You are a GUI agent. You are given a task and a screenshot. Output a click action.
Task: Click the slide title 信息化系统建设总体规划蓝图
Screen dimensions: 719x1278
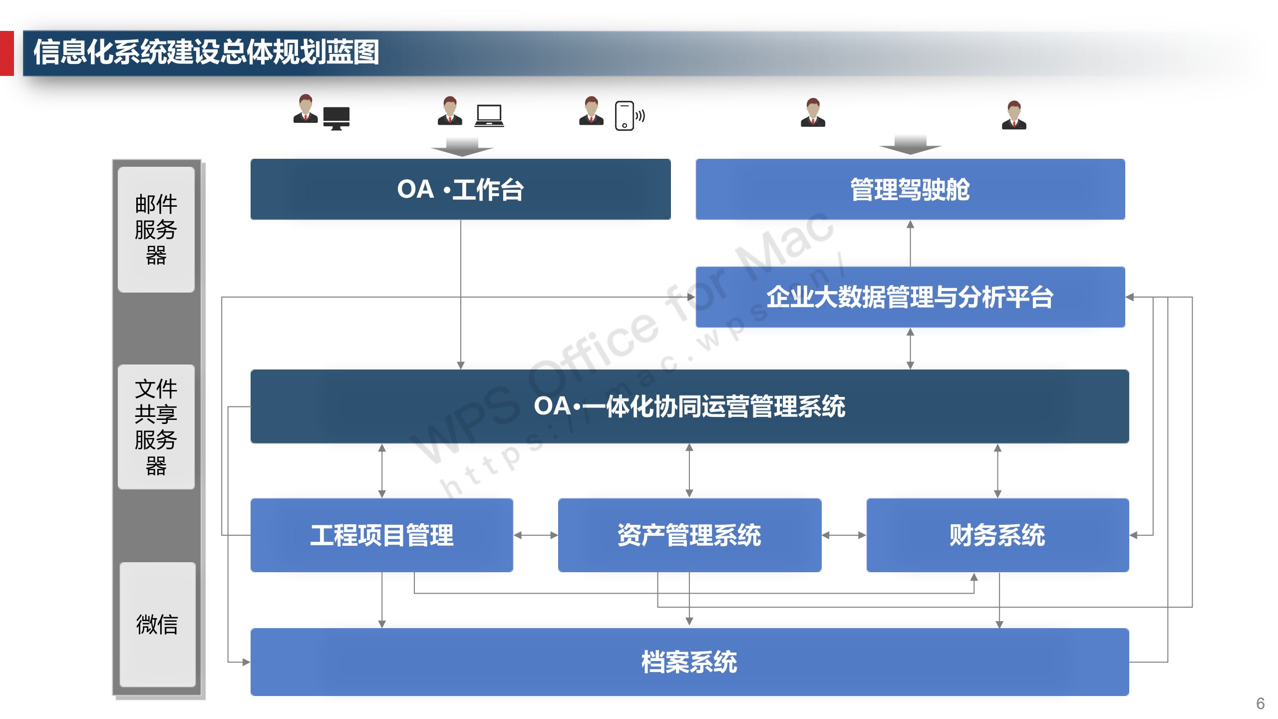tap(206, 52)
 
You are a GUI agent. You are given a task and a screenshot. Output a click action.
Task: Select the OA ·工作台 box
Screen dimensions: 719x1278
tap(460, 189)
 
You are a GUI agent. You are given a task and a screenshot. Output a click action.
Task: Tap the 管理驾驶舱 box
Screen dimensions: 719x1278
tap(910, 189)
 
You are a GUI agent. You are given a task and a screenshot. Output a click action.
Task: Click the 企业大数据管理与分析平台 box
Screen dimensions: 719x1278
tap(910, 297)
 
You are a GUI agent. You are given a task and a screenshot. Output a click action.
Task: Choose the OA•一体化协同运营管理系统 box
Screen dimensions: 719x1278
tap(689, 406)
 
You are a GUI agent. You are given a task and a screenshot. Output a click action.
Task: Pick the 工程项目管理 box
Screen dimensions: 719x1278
tap(381, 535)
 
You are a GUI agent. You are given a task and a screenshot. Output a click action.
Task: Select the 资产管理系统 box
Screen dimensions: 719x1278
tap(689, 535)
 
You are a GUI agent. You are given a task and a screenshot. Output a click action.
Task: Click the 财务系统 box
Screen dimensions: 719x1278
tap(997, 535)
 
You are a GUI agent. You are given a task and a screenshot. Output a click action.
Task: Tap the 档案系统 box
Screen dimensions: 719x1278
tap(689, 662)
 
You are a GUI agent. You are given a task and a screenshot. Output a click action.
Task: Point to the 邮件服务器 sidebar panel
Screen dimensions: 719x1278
tap(156, 229)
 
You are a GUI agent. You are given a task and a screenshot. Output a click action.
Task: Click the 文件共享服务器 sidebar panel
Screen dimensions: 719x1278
tap(156, 426)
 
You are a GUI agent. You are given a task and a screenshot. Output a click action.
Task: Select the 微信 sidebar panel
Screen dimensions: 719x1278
tap(157, 624)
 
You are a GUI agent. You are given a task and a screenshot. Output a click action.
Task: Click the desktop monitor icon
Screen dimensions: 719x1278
tap(336, 118)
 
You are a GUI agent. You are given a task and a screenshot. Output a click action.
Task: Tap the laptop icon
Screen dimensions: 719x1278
tap(489, 115)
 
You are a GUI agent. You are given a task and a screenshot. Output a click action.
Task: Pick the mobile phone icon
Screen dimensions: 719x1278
tap(625, 116)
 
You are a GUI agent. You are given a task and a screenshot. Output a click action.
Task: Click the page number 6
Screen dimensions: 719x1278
tap(1260, 703)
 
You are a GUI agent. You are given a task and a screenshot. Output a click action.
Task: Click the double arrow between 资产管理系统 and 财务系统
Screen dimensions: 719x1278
tap(844, 535)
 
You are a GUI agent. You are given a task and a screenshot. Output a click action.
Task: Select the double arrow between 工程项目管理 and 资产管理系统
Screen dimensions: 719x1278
tap(535, 535)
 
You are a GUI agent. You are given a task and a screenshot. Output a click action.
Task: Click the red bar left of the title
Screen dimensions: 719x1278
tap(6, 53)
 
